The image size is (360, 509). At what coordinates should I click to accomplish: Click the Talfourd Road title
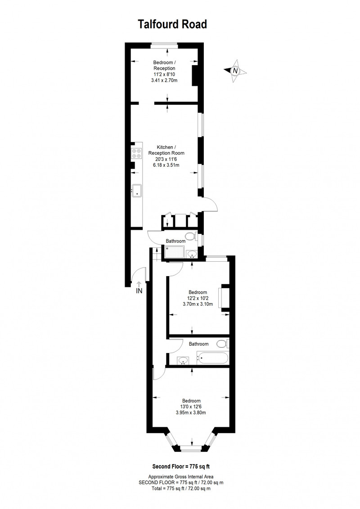172,24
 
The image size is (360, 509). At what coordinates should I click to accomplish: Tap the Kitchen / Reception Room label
166,150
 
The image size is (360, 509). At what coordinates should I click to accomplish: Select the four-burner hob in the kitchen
136,153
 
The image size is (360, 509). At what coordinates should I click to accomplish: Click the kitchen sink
137,190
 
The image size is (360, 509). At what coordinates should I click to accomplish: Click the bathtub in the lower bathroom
213,358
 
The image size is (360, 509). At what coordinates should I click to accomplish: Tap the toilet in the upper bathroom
191,236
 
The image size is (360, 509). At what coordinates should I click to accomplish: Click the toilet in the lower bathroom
223,344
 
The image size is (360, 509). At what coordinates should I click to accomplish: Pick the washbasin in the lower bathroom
183,360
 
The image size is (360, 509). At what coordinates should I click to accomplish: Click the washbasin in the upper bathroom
192,254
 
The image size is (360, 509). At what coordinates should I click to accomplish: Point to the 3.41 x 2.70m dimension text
164,80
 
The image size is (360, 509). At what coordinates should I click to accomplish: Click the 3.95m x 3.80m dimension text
191,413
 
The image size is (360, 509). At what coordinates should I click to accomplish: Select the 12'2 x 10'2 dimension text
198,298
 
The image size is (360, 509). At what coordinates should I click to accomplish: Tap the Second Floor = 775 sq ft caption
181,466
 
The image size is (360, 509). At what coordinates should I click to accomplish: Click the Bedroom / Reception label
164,65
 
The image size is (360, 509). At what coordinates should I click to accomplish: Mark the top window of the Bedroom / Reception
164,45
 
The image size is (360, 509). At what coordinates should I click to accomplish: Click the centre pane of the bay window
191,449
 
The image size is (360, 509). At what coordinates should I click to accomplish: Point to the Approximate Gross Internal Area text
181,477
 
